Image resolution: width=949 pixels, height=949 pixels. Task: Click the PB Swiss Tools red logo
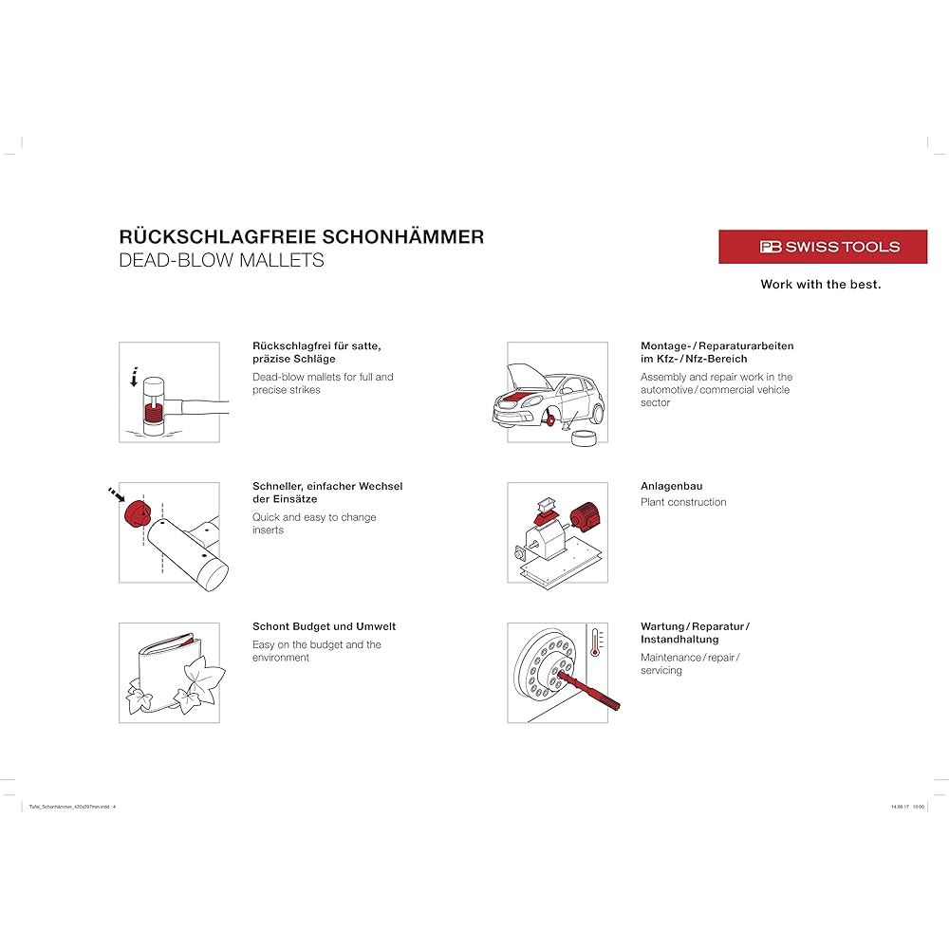tap(822, 247)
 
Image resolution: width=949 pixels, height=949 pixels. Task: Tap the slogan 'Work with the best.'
tap(820, 285)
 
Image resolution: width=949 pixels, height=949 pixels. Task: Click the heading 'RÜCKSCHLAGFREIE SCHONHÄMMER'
tap(301, 236)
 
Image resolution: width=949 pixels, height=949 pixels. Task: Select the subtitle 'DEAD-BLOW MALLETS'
tap(221, 260)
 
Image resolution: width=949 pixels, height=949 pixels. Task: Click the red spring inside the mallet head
tap(153, 413)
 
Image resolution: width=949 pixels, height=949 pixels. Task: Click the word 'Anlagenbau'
tap(671, 486)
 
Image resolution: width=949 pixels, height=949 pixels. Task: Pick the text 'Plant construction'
tap(683, 502)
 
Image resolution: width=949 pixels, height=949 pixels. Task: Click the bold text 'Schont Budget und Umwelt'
tap(324, 626)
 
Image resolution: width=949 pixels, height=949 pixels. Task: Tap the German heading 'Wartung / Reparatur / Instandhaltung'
tap(695, 633)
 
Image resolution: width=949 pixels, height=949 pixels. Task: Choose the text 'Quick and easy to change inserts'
tap(313, 524)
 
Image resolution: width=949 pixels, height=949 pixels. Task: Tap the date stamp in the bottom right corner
tap(907, 807)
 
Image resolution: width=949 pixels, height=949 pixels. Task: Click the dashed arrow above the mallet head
tap(135, 376)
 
